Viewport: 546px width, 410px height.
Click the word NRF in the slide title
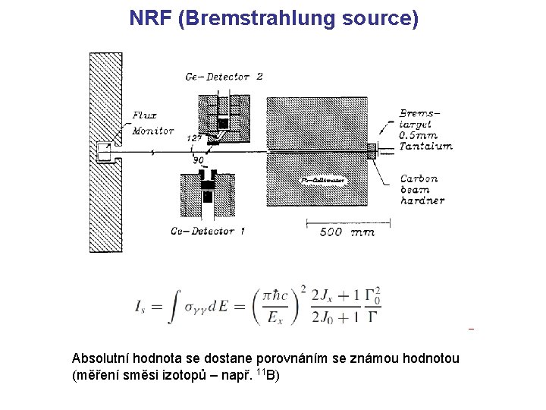pos(150,18)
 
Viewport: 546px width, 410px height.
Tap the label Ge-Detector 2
pos(224,77)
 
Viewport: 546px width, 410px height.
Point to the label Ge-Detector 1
pos(207,231)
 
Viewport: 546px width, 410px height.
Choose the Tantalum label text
pos(425,147)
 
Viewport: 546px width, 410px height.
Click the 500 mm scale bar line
pos(347,222)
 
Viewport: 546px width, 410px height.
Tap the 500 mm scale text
pos(347,232)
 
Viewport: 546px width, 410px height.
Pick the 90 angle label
pos(198,161)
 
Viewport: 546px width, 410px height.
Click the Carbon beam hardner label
pos(422,190)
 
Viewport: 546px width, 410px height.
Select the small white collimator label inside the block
pos(323,181)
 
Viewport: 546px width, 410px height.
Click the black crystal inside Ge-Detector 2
pos(223,123)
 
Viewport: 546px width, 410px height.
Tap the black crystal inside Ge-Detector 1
pos(208,194)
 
